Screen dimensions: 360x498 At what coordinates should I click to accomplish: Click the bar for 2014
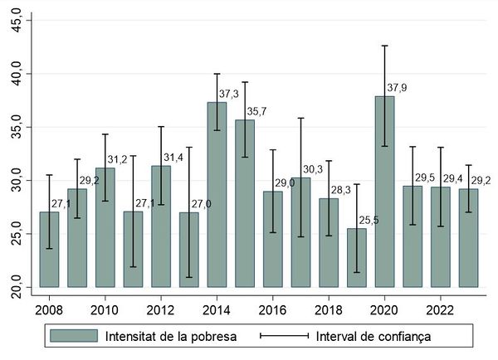point(217,195)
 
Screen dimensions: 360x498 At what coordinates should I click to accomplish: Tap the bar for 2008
point(49,249)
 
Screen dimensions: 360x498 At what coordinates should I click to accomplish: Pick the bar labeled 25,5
point(356,257)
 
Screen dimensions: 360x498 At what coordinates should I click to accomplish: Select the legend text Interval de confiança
point(374,336)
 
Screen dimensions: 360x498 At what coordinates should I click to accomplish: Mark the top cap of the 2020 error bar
point(384,46)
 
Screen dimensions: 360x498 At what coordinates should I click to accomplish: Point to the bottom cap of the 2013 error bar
point(189,277)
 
